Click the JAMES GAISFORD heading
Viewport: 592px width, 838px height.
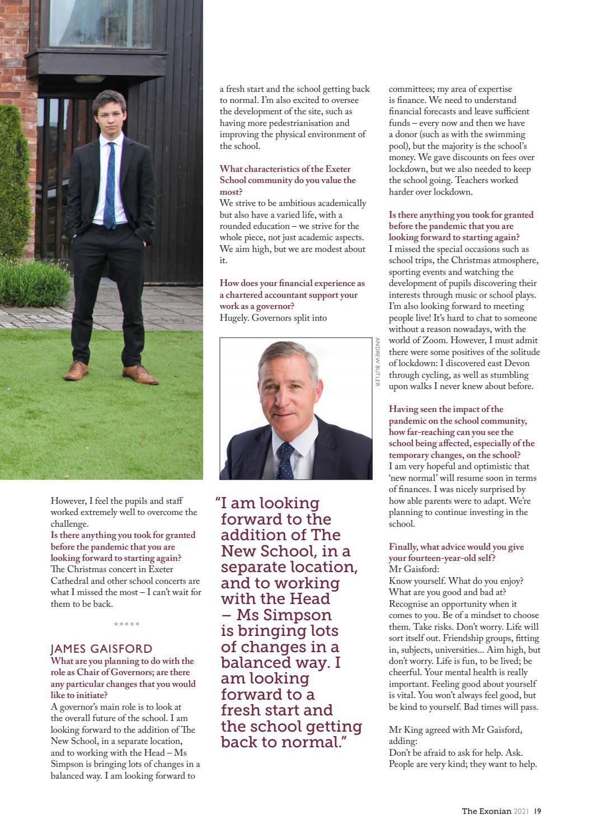click(x=101, y=649)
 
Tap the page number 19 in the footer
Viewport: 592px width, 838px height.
click(x=537, y=811)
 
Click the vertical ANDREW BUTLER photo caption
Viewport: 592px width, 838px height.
click(x=378, y=362)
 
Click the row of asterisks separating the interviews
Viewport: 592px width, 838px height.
click(x=126, y=624)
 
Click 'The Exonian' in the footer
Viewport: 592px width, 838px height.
click(x=486, y=811)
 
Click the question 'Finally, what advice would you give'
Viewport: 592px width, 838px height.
click(x=456, y=547)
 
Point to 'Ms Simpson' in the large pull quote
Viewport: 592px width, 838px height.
click(x=284, y=615)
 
